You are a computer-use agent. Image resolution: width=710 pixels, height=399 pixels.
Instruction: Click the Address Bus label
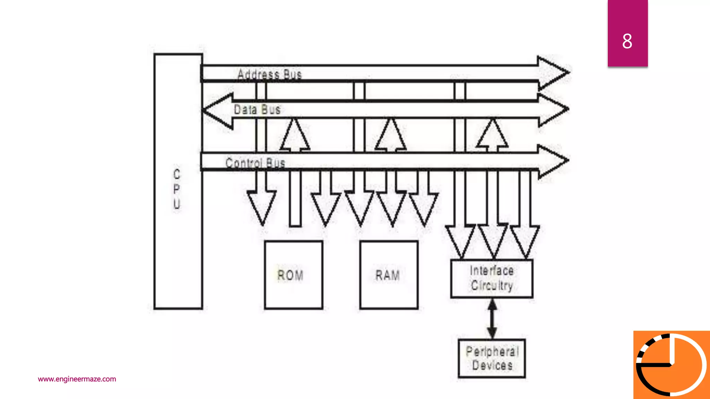click(x=269, y=74)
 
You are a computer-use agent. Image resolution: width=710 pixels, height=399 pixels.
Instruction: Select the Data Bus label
click(x=257, y=109)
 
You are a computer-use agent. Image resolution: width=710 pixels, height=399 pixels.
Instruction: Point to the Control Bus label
click(x=255, y=162)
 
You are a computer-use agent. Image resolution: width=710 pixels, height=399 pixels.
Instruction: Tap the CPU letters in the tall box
click(x=177, y=189)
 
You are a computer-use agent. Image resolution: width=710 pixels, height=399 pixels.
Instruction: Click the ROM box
click(x=293, y=275)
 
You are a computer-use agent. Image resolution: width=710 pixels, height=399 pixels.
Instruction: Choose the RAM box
click(x=389, y=275)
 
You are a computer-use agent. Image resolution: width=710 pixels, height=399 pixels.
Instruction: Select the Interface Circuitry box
click(x=492, y=278)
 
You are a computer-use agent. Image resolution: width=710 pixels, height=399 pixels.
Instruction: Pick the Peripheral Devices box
click(x=492, y=358)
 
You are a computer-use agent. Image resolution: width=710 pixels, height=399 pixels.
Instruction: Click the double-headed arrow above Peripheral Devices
click(x=492, y=319)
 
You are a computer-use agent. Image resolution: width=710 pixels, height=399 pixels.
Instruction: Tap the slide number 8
click(x=627, y=41)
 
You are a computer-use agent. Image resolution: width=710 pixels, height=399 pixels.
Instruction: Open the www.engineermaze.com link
click(x=77, y=379)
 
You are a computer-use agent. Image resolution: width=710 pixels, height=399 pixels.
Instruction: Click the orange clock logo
click(x=672, y=365)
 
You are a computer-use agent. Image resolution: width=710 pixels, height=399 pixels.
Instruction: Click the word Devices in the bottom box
click(x=492, y=365)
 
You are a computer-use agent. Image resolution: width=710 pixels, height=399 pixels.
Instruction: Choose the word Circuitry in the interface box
click(x=492, y=285)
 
